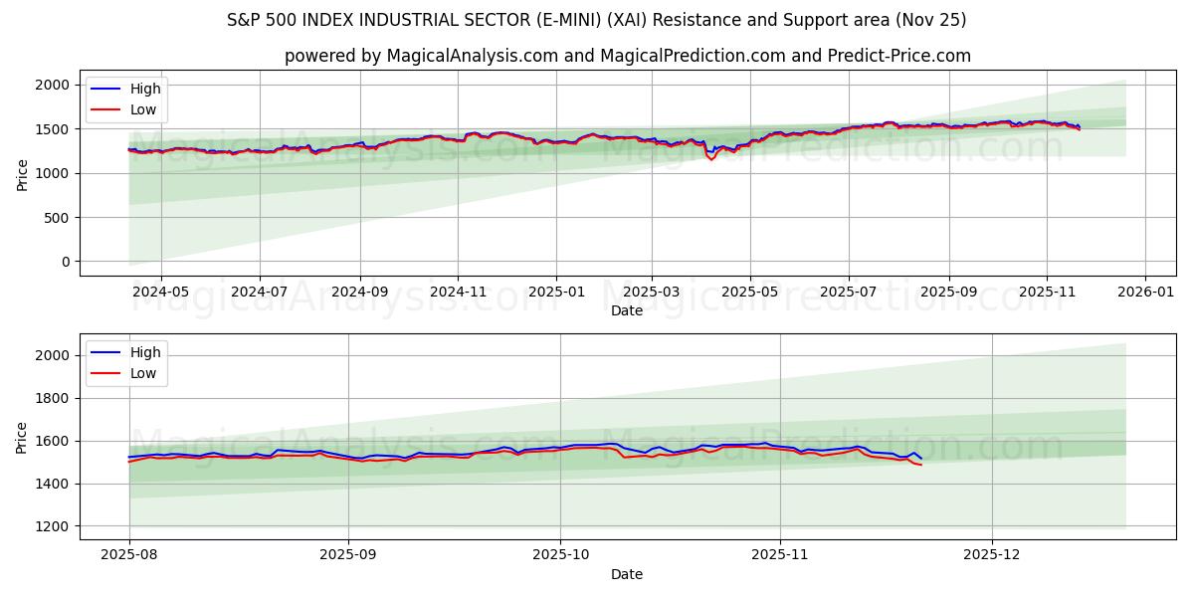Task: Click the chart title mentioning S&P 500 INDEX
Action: click(x=597, y=20)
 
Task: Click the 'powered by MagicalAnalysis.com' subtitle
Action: click(x=627, y=56)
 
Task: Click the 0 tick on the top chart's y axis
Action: click(x=65, y=262)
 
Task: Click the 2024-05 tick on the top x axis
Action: click(x=161, y=292)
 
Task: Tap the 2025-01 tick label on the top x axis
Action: click(x=555, y=292)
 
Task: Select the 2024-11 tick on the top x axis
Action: click(x=458, y=292)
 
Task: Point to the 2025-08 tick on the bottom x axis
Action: click(x=129, y=555)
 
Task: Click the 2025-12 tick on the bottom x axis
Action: click(x=992, y=555)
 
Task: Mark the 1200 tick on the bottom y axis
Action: click(x=53, y=526)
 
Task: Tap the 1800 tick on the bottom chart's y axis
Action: click(x=53, y=398)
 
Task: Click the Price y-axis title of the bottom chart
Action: click(x=22, y=436)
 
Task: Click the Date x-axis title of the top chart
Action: click(x=627, y=310)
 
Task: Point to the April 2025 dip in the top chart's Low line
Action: click(x=710, y=159)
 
